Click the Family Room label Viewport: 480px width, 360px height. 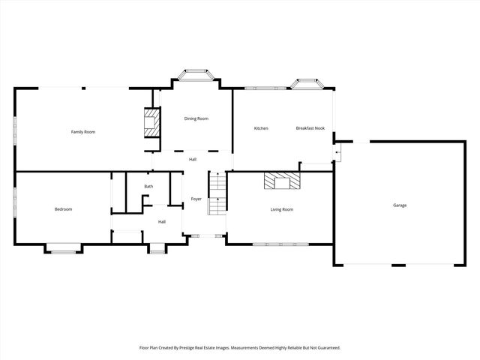pos(83,132)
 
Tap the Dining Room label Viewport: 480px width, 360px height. pos(196,118)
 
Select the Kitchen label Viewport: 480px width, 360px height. pos(261,128)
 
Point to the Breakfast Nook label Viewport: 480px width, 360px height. pos(310,128)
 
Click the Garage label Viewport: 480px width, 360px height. pos(400,205)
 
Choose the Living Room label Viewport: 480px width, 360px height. pos(281,209)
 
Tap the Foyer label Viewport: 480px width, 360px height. pos(196,199)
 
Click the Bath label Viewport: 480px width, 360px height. pos(148,187)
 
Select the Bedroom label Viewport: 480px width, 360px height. pos(63,209)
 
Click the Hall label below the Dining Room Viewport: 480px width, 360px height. pos(193,159)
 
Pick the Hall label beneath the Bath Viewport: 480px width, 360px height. pos(161,221)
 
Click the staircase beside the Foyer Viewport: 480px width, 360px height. pos(217,193)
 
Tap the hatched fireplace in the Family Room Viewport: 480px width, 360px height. pos(152,122)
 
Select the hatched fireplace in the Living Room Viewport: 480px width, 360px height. pos(281,181)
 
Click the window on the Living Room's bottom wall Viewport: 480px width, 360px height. pos(280,244)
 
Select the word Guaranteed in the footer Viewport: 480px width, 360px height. pos(325,348)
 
